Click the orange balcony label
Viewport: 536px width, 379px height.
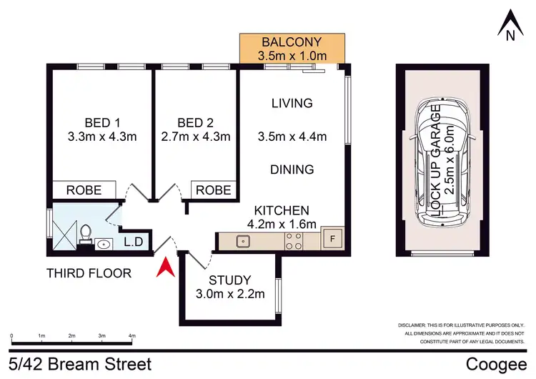pos(292,48)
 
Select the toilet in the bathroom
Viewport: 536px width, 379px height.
pos(85,232)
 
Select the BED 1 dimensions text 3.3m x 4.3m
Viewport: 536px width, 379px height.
pos(101,136)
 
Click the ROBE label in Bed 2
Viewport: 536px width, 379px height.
pos(214,190)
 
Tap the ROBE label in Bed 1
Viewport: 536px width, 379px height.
pos(84,190)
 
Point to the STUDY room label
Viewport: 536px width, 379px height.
pos(231,280)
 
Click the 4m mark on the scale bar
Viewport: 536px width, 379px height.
pos(131,335)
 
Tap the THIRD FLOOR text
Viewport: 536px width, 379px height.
pos(89,272)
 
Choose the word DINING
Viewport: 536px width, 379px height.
pos(292,169)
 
